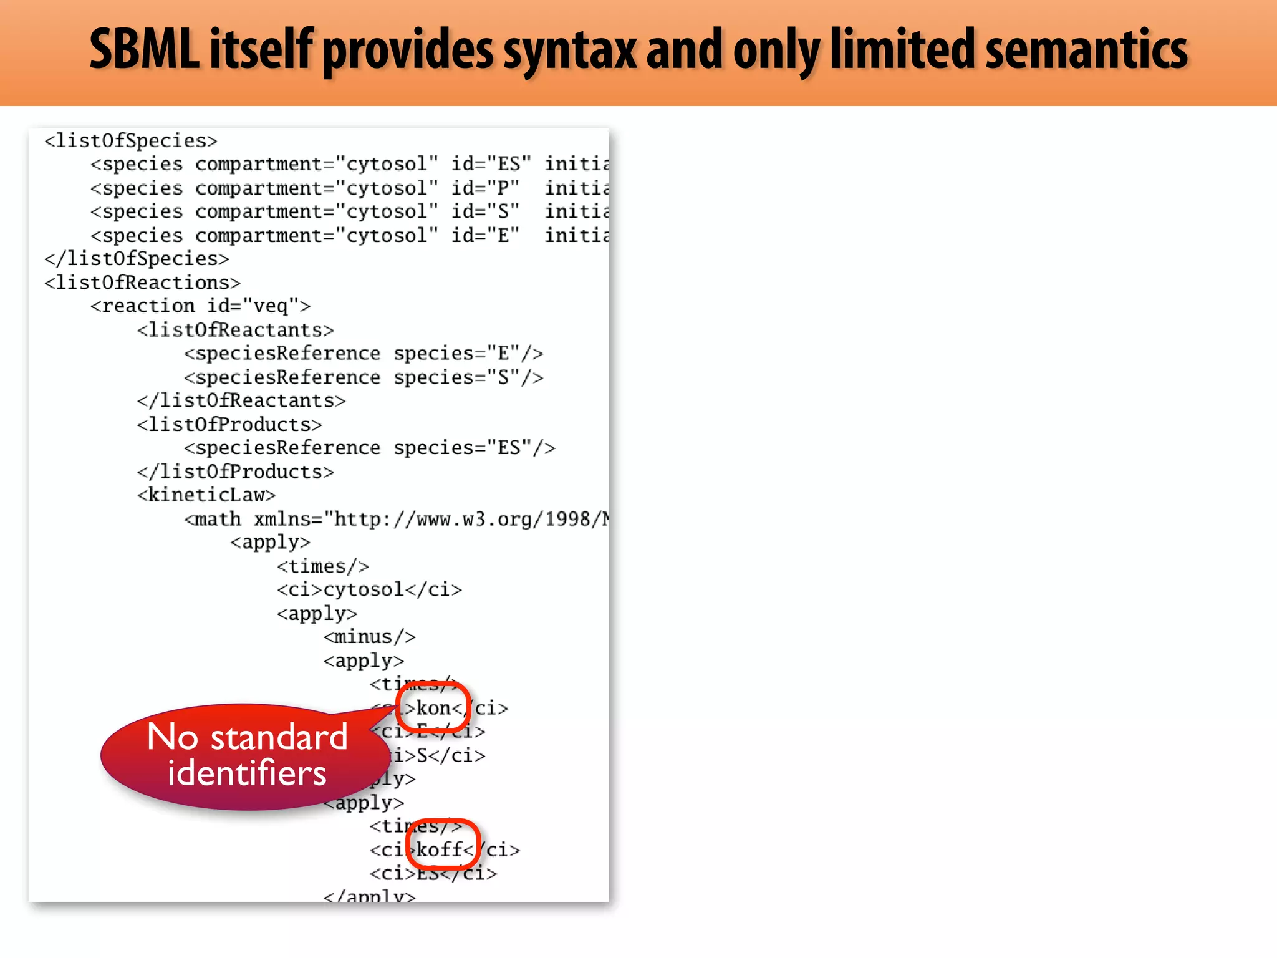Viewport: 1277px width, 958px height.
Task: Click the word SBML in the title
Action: (x=144, y=49)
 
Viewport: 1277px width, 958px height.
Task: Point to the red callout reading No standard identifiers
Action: (x=246, y=755)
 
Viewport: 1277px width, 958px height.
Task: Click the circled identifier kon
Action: (x=433, y=708)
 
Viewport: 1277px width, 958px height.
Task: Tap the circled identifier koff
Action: (x=440, y=849)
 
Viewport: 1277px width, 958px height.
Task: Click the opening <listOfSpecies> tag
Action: (x=131, y=141)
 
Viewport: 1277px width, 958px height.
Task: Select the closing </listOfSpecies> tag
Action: (x=137, y=259)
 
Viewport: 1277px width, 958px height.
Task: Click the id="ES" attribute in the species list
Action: (x=491, y=164)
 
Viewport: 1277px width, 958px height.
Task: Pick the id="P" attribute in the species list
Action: (x=485, y=188)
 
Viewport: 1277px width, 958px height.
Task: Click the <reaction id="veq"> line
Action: (x=200, y=306)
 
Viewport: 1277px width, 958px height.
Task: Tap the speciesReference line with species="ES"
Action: (x=369, y=448)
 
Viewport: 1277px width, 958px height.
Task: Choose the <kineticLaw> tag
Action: (x=206, y=495)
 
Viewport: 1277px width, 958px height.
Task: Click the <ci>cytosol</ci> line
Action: (x=369, y=589)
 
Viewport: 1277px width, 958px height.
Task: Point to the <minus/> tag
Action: (x=369, y=637)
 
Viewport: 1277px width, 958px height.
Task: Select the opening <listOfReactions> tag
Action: (x=142, y=283)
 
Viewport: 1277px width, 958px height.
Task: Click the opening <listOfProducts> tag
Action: (x=229, y=425)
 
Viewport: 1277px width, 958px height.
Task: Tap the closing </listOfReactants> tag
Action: (x=241, y=400)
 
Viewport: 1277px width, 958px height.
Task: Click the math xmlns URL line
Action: (x=397, y=519)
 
